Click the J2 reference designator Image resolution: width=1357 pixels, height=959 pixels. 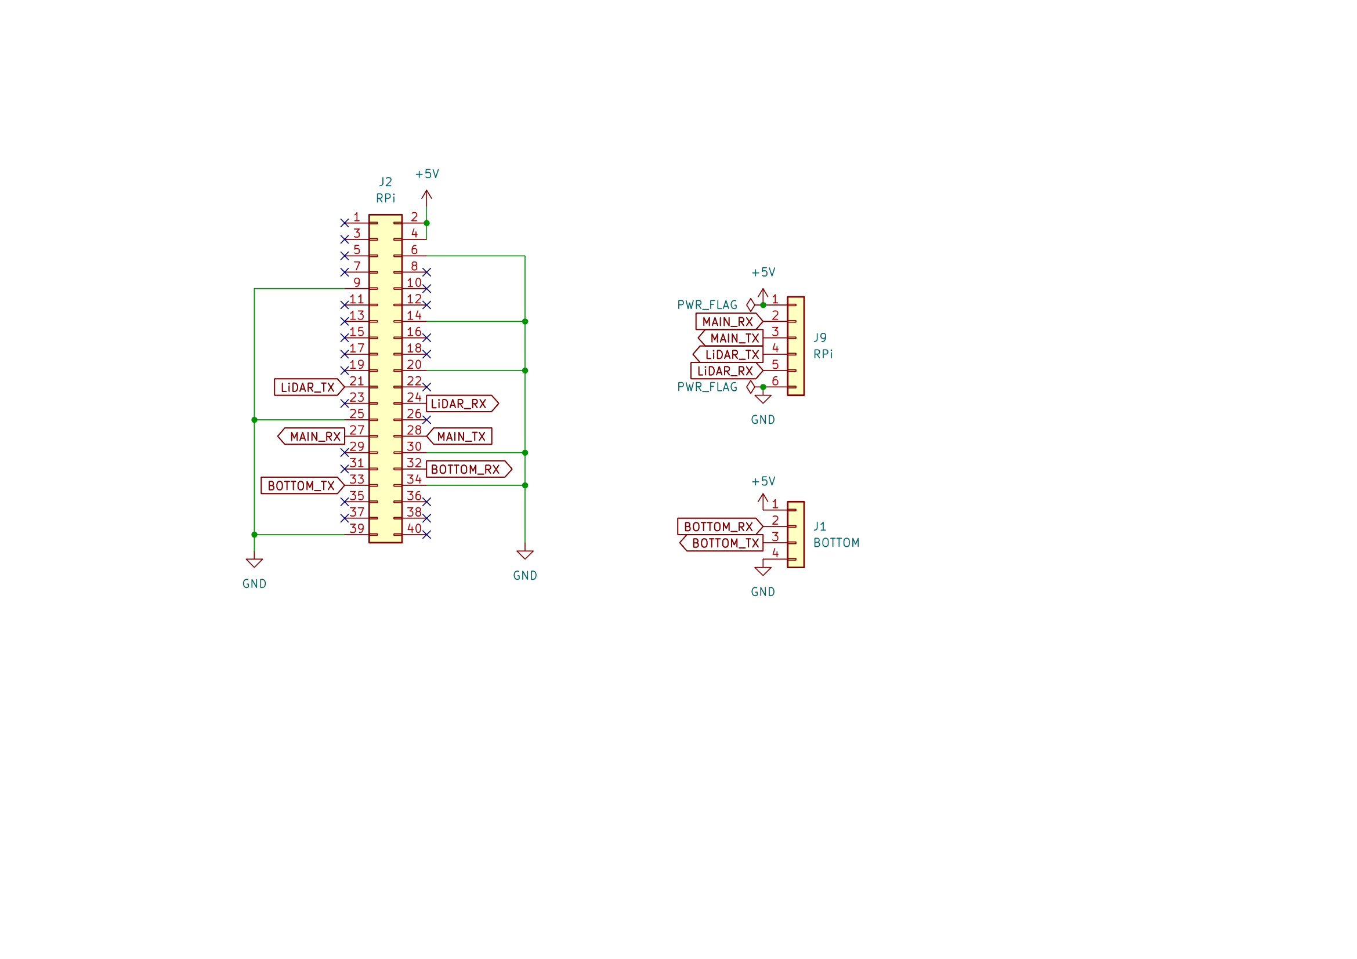(x=385, y=182)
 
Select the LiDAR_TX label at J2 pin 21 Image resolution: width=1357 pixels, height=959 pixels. (x=308, y=387)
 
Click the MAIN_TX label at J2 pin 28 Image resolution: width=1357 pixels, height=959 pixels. (x=461, y=437)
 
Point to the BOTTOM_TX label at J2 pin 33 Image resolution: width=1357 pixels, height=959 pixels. (x=302, y=485)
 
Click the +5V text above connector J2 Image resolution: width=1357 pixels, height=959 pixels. (x=427, y=174)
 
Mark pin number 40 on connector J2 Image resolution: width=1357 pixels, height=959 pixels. (x=414, y=529)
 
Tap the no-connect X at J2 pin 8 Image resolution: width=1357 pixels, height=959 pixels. (x=427, y=273)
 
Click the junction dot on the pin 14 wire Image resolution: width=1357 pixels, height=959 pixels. (x=525, y=321)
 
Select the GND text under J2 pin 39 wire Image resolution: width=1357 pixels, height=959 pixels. (x=254, y=584)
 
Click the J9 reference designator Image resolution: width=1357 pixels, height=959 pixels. (x=820, y=338)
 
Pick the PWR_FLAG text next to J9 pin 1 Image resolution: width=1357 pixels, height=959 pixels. (x=707, y=306)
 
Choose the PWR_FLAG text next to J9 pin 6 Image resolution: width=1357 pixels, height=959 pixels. (x=707, y=387)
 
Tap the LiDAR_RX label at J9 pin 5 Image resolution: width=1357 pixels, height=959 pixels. (x=726, y=371)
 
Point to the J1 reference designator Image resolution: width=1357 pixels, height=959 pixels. (x=820, y=526)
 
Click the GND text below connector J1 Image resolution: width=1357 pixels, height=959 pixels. (x=762, y=593)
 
